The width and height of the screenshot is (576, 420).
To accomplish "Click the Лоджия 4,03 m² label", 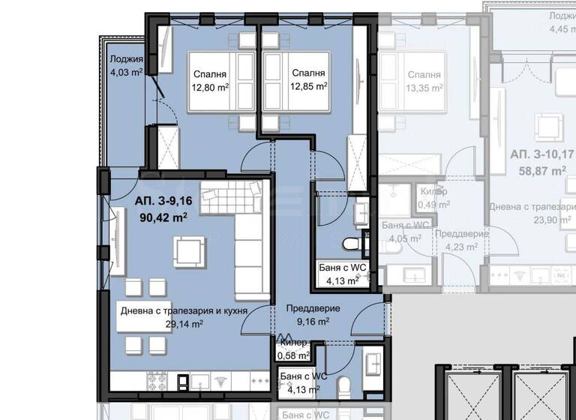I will tap(126, 67).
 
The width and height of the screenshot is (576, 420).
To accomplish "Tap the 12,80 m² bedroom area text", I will tap(211, 87).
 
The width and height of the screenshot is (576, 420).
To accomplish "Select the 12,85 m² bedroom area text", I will tap(308, 86).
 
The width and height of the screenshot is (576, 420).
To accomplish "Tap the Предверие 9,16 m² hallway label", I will tap(313, 315).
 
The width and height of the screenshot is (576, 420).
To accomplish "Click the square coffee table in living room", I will tap(188, 250).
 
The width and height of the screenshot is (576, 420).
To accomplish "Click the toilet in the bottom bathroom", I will tap(343, 388).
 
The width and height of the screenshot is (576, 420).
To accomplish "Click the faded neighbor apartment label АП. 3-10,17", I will tap(538, 154).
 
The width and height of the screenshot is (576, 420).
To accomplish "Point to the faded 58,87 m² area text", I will tap(538, 171).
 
